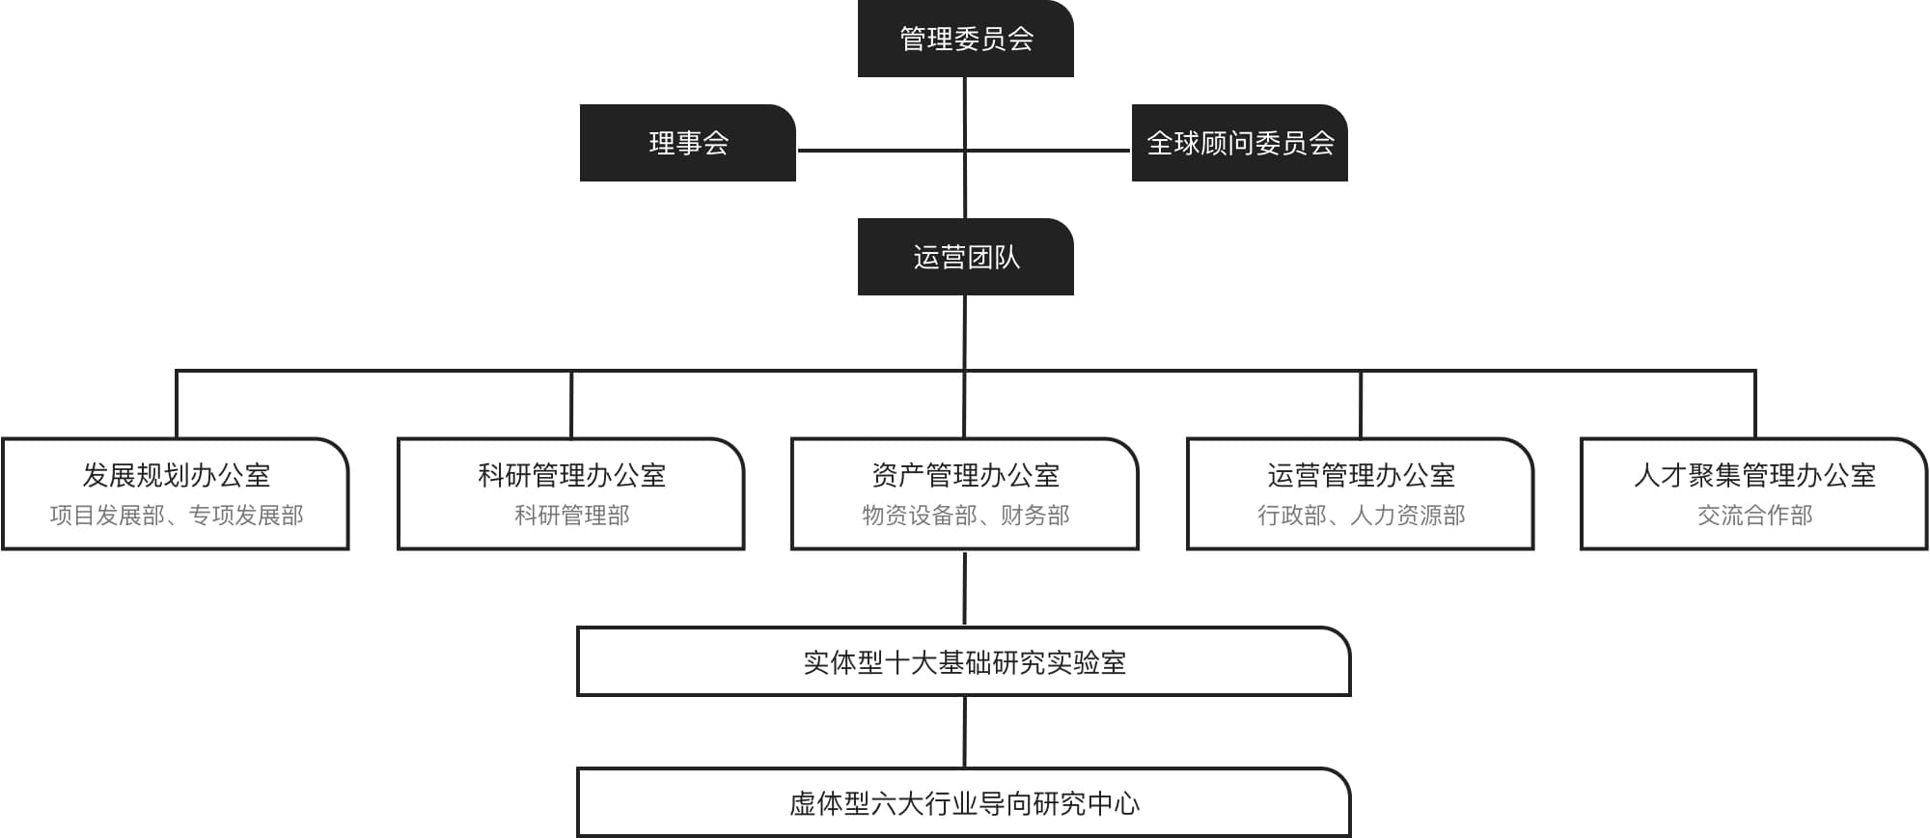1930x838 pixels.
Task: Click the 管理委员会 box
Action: click(965, 39)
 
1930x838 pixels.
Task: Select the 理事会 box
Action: click(687, 143)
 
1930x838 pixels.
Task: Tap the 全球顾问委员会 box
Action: click(1239, 143)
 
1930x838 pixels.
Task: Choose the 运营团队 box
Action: click(965, 257)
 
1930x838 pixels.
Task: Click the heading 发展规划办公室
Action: click(176, 475)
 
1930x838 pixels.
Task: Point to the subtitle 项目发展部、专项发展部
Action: click(176, 516)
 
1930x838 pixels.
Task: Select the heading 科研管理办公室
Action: click(571, 475)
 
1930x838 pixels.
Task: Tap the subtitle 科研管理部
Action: click(571, 516)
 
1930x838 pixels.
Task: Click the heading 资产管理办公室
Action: click(965, 475)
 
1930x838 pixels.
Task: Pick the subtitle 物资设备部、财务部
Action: click(965, 516)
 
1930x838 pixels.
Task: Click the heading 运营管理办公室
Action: click(1361, 475)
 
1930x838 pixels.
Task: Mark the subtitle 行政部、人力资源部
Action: click(1361, 516)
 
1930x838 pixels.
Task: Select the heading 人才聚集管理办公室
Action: click(1754, 475)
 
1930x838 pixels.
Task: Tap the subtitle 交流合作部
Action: click(1754, 516)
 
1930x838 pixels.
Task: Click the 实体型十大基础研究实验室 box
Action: click(963, 661)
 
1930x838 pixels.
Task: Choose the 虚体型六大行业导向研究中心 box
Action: click(963, 802)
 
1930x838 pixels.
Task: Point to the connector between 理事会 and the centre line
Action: click(881, 151)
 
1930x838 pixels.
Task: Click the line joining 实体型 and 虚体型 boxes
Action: click(965, 732)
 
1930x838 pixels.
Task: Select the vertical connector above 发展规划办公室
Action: click(177, 404)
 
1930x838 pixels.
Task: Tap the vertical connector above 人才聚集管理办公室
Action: click(1754, 404)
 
